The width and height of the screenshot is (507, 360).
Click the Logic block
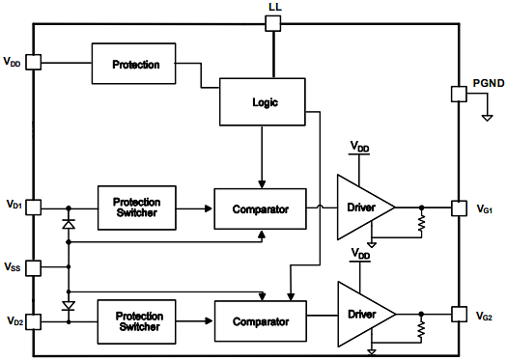263,100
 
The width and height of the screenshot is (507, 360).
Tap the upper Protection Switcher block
138,207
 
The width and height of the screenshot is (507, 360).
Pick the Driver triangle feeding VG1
361,208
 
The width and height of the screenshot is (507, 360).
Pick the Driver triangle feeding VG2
361,315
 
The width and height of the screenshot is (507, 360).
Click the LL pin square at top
273,23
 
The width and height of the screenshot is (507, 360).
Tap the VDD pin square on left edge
34,62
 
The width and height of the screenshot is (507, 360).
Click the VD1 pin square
34,207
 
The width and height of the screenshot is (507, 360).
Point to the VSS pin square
34,266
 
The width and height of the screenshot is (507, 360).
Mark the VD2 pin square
34,320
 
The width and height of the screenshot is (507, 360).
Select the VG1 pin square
460,207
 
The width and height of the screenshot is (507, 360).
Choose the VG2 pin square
460,315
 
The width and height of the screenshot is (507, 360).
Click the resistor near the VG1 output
422,224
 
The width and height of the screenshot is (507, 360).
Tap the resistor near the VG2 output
422,332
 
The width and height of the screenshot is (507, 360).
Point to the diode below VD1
68,225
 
